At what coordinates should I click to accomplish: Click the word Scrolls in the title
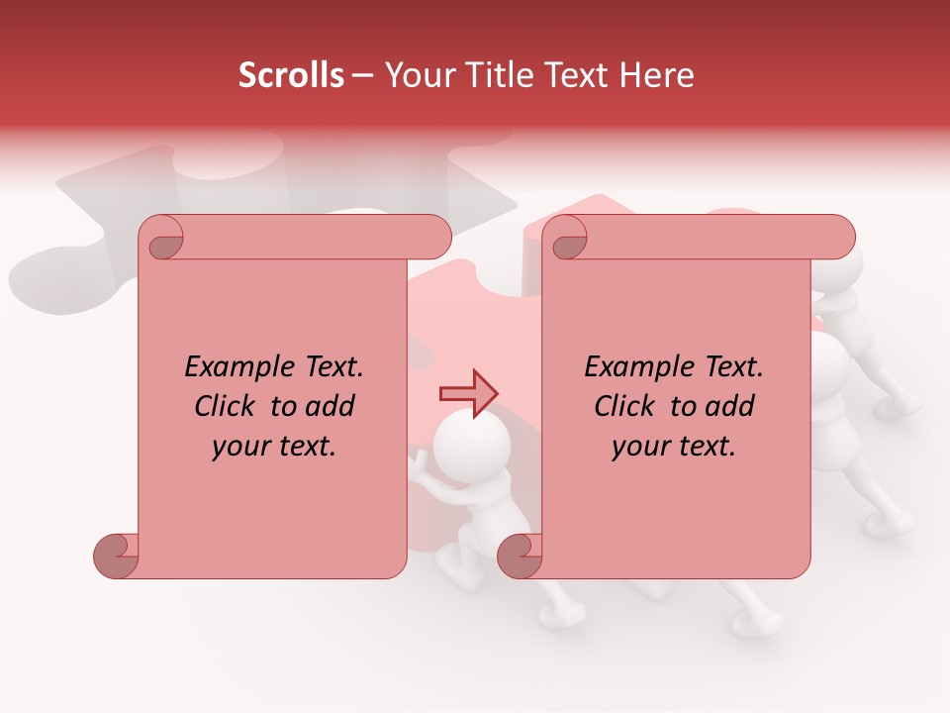(292, 75)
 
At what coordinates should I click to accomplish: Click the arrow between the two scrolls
(469, 394)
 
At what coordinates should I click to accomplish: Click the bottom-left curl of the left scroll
(117, 555)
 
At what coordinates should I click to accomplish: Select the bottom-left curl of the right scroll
(521, 555)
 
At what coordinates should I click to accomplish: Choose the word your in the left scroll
(239, 447)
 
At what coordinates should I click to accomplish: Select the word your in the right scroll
(639, 447)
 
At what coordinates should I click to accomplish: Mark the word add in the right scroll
(729, 406)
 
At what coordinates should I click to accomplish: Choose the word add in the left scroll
(330, 406)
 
